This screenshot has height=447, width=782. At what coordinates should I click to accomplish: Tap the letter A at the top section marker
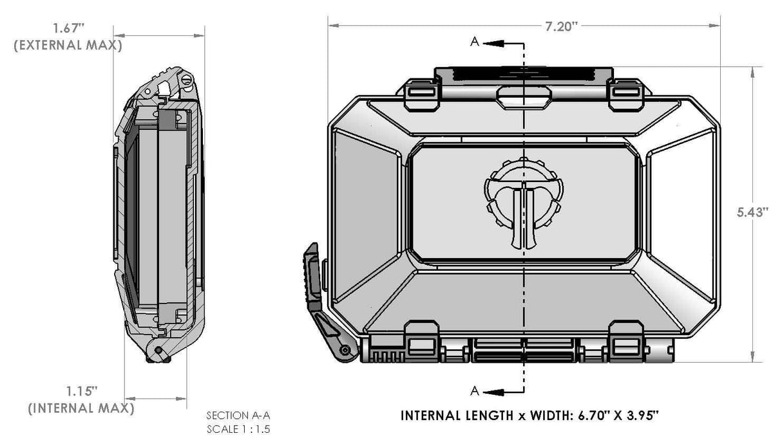point(473,42)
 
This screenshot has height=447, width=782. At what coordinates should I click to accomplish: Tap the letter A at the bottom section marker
point(474,390)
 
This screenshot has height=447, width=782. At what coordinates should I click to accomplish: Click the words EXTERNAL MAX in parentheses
point(68,46)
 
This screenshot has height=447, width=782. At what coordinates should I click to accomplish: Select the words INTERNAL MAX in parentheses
point(81,408)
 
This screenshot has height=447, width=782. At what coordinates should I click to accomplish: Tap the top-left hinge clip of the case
point(421,93)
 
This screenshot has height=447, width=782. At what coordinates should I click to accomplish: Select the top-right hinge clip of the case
point(626,93)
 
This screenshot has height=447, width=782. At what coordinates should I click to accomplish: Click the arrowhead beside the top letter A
point(491,42)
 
